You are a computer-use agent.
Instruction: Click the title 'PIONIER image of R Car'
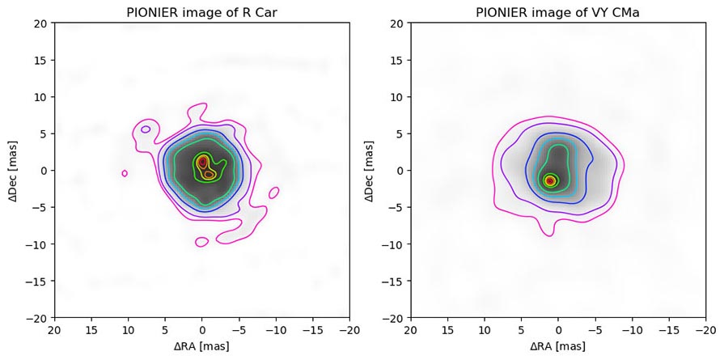(x=201, y=11)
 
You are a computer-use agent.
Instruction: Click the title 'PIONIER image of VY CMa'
(x=557, y=11)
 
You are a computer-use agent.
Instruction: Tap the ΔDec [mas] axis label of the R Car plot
(x=13, y=171)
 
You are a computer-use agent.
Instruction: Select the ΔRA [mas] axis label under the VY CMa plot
(x=557, y=346)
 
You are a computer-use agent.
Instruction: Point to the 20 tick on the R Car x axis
(x=55, y=330)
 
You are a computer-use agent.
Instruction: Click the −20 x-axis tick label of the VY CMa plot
(x=705, y=330)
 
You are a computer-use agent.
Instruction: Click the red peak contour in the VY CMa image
(x=550, y=180)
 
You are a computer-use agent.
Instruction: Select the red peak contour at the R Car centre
(x=202, y=163)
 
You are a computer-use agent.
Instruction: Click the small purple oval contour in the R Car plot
(x=146, y=129)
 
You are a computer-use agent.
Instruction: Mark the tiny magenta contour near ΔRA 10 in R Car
(x=125, y=173)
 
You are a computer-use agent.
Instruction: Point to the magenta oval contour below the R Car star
(x=202, y=242)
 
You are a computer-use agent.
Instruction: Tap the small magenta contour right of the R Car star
(x=274, y=193)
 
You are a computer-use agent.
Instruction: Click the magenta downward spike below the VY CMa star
(x=549, y=232)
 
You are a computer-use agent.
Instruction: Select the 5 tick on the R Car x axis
(x=165, y=330)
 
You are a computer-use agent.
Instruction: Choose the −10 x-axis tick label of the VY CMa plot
(x=632, y=330)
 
